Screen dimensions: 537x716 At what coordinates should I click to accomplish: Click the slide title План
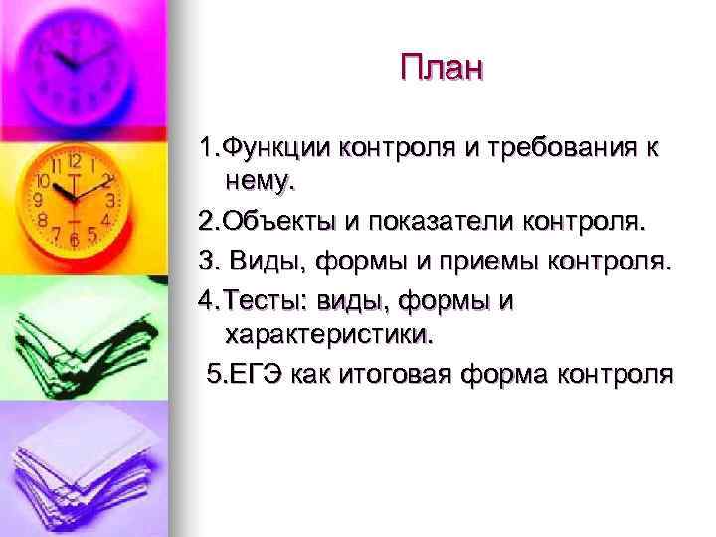pyautogui.click(x=442, y=69)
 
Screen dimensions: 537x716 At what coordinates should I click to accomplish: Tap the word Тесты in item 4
pyautogui.click(x=266, y=301)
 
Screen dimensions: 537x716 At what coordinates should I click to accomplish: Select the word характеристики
pyautogui.click(x=329, y=333)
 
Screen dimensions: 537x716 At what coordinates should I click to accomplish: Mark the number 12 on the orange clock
pyautogui.click(x=74, y=159)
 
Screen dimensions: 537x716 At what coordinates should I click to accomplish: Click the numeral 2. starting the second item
pyautogui.click(x=208, y=223)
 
